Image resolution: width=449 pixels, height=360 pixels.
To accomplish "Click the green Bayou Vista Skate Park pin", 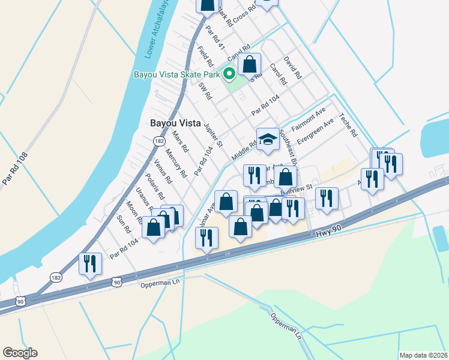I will (229, 74).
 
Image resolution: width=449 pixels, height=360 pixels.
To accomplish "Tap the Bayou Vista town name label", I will (175, 122).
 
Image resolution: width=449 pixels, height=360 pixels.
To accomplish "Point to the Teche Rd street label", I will (348, 125).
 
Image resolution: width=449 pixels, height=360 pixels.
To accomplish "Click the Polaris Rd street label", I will (154, 186).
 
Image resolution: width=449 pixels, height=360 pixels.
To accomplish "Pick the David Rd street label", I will (292, 68).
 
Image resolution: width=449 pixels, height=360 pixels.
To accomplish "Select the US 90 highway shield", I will (116, 281).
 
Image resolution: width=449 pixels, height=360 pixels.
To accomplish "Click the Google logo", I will (20, 352).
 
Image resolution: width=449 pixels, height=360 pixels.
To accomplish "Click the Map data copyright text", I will (424, 355).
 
